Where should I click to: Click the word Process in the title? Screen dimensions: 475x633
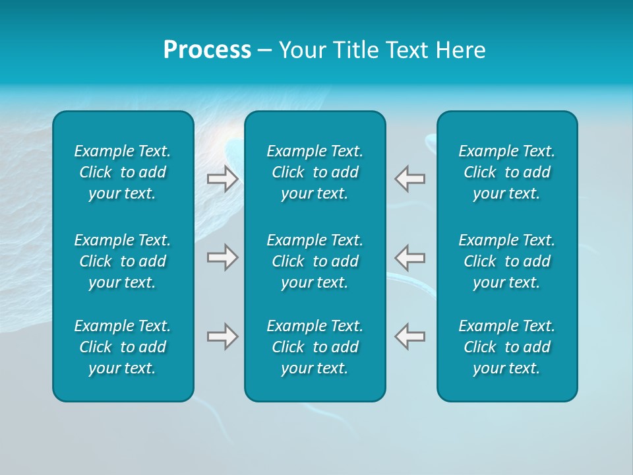pos(207,50)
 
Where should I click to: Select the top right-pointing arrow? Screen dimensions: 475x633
pos(222,179)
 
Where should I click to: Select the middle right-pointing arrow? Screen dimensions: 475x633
pos(222,257)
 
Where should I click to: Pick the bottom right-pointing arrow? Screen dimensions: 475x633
pos(222,336)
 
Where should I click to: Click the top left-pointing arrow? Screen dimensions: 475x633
pos(410,179)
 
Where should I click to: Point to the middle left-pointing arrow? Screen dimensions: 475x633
pos(410,257)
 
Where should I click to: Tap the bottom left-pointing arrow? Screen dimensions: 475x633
pos(410,336)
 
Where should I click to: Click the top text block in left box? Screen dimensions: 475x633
pos(123,172)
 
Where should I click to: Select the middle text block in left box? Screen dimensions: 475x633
pos(123,261)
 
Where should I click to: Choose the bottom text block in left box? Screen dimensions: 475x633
pos(123,347)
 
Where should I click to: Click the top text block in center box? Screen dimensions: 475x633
pos(315,172)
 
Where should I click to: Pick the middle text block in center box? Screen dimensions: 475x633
pos(315,261)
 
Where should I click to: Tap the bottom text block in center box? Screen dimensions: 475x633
pos(315,347)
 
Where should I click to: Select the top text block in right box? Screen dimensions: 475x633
pos(507,172)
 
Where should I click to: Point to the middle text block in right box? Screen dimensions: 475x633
pos(507,261)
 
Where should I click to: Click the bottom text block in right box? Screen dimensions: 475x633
pos(507,347)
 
